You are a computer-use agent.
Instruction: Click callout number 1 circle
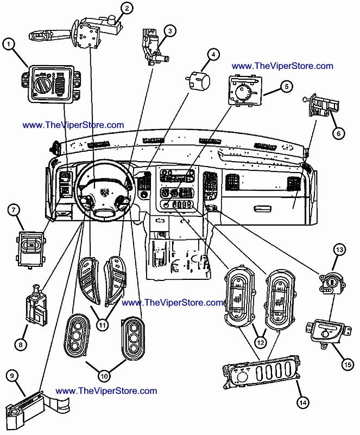coord(9,44)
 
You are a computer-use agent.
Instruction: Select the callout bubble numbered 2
coord(127,8)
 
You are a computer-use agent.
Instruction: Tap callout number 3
coord(170,31)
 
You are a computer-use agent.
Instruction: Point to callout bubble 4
coord(214,54)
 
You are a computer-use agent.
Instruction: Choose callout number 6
coord(338,132)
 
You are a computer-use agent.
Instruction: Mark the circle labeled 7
coord(13,209)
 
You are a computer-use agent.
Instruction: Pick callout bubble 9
coord(13,375)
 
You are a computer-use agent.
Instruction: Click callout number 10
coord(104,374)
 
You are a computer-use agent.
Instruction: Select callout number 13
coord(339,250)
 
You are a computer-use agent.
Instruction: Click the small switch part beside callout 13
coord(329,283)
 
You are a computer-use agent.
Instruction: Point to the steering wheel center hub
coord(105,193)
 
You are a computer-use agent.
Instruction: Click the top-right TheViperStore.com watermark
coord(282,66)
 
